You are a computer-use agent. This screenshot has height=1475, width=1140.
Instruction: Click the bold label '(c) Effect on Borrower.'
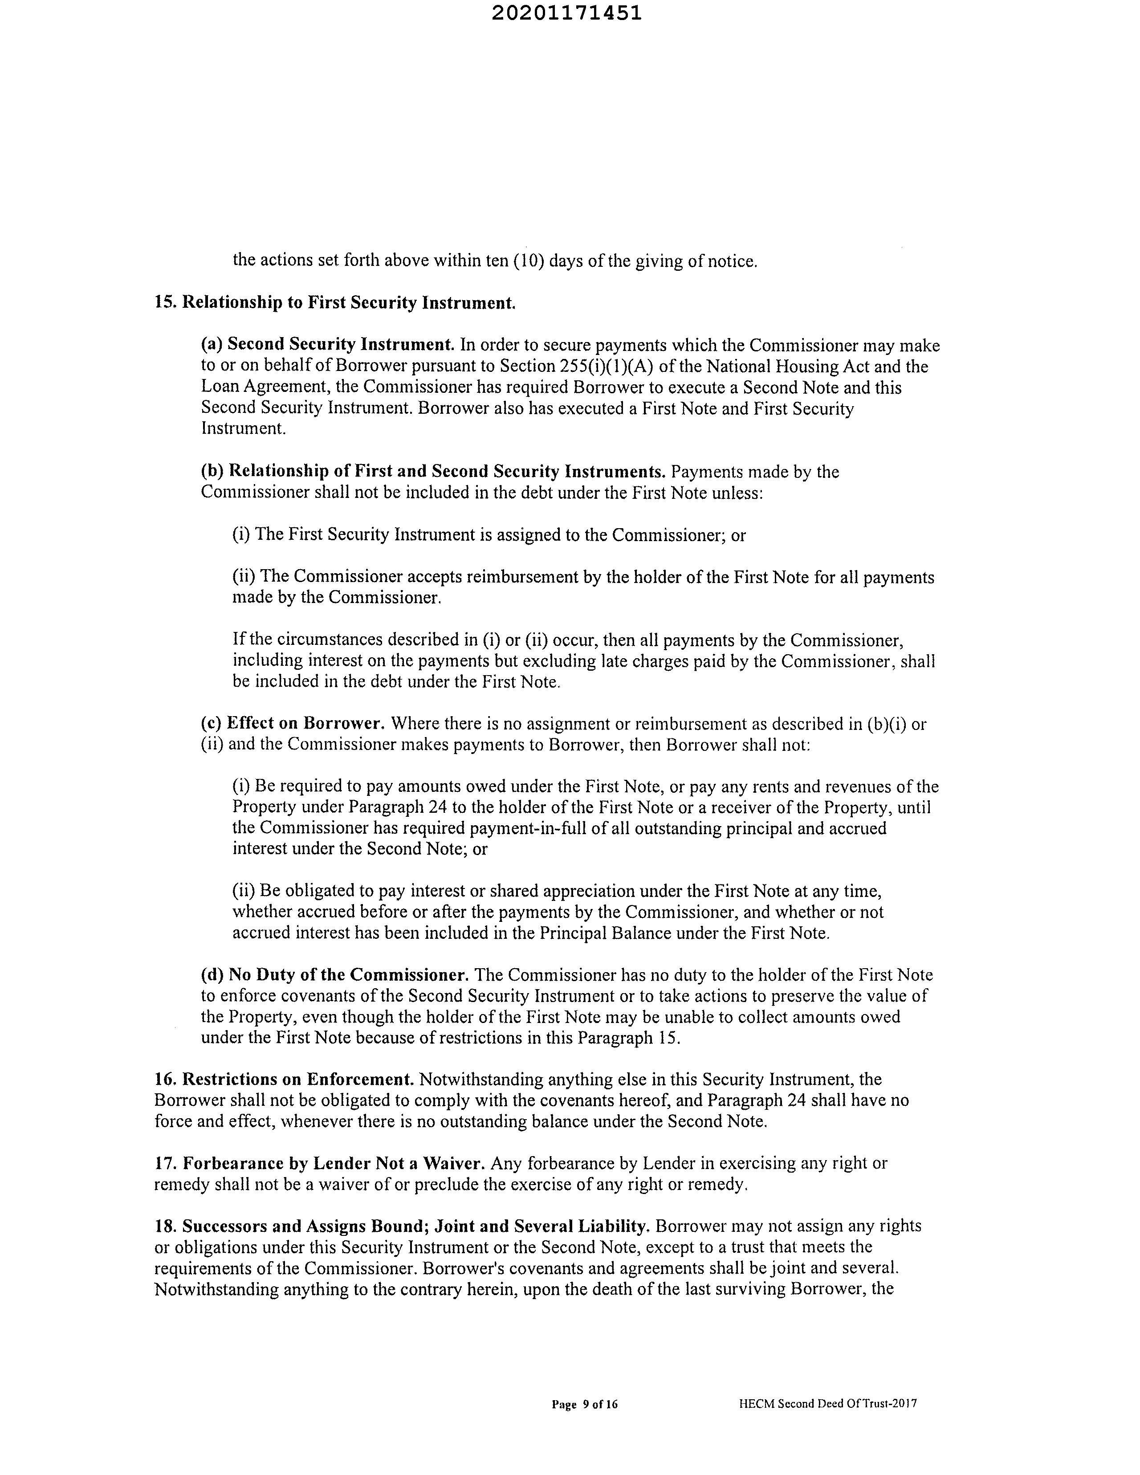(x=293, y=723)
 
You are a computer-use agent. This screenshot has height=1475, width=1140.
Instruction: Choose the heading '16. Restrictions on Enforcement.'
(x=284, y=1079)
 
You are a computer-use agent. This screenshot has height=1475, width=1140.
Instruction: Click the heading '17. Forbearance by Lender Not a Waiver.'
(x=319, y=1163)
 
